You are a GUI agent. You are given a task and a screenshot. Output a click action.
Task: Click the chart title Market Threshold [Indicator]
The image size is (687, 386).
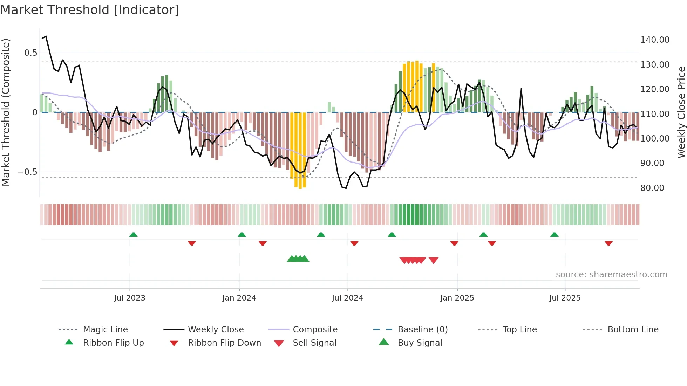90,10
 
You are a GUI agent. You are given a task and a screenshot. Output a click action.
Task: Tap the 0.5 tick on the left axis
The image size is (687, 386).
30,53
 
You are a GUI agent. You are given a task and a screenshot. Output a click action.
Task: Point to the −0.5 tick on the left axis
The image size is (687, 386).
27,172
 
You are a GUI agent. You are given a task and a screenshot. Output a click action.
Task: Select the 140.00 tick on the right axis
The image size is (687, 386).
654,40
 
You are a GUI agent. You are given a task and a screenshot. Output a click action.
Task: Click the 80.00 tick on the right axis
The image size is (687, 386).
652,188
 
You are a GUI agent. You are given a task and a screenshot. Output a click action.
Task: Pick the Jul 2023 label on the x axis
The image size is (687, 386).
129,298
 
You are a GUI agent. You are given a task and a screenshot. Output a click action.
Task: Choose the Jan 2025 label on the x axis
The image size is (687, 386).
457,298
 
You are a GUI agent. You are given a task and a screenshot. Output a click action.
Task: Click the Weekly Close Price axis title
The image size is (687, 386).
681,112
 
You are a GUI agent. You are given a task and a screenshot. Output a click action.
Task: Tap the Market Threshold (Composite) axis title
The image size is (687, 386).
6,112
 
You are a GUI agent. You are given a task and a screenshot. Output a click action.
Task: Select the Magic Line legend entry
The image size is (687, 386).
105,330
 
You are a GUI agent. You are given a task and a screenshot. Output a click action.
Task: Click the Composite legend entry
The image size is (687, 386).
315,330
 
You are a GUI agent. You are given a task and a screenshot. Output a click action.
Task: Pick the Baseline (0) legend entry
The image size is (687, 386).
422,330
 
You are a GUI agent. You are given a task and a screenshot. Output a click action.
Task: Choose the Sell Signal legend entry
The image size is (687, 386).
314,343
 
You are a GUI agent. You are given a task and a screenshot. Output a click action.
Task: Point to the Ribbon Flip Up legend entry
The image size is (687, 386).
113,343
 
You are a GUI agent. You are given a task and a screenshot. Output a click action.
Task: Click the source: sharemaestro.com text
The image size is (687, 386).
611,275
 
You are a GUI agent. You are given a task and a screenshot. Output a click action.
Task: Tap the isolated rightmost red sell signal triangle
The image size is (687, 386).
434,260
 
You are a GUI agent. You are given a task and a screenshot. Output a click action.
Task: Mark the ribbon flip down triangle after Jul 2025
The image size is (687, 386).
608,243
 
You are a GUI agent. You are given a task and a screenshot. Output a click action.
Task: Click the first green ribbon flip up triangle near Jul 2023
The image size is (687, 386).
133,235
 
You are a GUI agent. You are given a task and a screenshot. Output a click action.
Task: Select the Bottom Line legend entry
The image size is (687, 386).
633,330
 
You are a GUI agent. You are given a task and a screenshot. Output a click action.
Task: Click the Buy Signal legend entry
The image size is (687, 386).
420,343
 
